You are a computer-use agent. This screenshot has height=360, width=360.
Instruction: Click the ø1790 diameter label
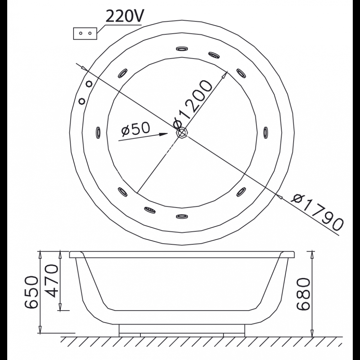[317, 212]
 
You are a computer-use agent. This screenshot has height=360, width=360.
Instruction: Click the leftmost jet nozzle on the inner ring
[98, 132]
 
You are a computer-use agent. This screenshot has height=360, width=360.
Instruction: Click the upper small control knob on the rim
[89, 84]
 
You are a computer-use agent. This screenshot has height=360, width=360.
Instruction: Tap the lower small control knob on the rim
[82, 101]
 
